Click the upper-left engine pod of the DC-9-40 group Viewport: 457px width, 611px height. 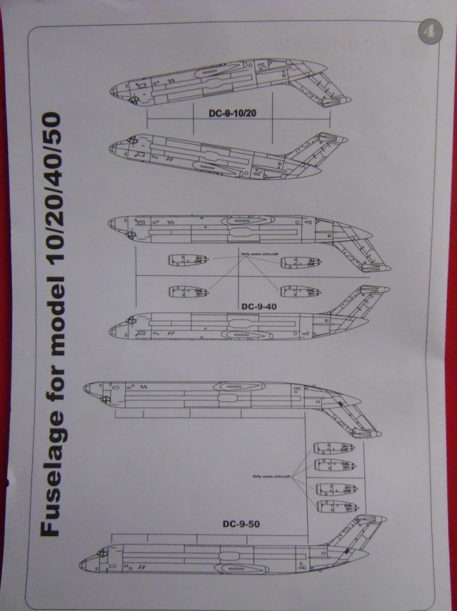pos(187,261)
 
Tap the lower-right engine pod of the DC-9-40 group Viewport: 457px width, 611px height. pos(299,291)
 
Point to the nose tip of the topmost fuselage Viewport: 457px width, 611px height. pos(111,91)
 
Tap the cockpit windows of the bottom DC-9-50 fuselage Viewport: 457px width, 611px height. pos(101,553)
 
